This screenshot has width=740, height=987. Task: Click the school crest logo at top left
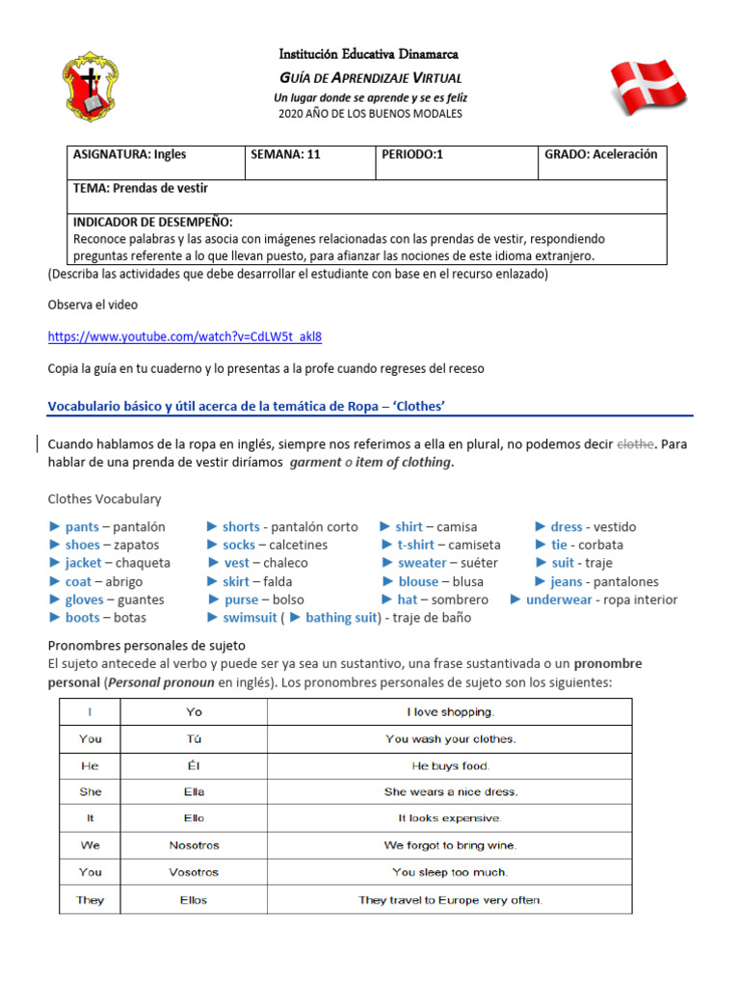click(x=92, y=87)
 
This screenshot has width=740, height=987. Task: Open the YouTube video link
click(x=185, y=336)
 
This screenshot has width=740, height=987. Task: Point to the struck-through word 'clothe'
click(x=635, y=443)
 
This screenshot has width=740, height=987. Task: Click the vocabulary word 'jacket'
click(x=83, y=563)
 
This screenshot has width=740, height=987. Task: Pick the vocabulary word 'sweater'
click(x=422, y=563)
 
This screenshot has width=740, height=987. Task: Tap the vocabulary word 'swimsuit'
click(x=250, y=618)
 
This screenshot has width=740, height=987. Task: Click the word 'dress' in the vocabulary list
click(x=566, y=527)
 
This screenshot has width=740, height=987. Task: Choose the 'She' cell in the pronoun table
click(x=90, y=791)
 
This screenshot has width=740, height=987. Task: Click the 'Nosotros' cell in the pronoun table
click(x=194, y=845)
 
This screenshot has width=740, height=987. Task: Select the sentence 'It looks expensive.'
click(x=450, y=818)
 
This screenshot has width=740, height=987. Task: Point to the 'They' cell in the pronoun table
click(x=90, y=900)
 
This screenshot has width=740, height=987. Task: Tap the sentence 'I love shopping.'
click(x=450, y=712)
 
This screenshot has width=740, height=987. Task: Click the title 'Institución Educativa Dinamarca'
click(x=369, y=54)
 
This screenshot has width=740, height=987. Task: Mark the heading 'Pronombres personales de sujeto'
click(x=146, y=645)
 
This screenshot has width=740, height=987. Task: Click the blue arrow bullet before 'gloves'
click(x=55, y=600)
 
